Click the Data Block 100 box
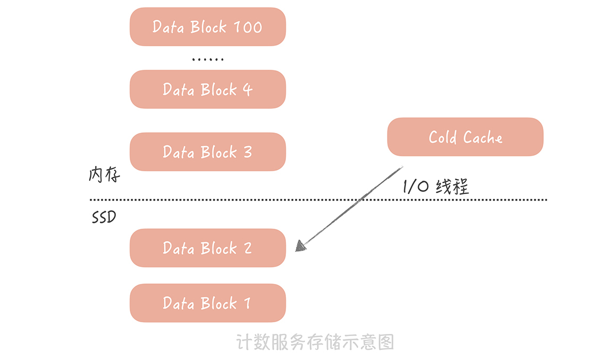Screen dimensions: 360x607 (207, 27)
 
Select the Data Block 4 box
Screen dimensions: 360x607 (207, 89)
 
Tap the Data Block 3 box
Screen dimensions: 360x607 (207, 152)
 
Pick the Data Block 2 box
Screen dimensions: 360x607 (207, 248)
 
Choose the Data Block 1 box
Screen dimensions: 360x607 (207, 303)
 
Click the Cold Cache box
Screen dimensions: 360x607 (465, 137)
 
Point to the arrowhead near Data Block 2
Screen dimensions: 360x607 (300, 246)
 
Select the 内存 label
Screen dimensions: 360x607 (104, 175)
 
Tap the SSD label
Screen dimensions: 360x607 (104, 217)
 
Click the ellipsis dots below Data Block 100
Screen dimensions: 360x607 (208, 59)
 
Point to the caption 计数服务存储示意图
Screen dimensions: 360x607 (315, 342)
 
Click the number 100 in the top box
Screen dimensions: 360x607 (248, 27)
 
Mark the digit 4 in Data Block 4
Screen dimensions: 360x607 (247, 89)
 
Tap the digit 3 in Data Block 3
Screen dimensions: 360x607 (247, 152)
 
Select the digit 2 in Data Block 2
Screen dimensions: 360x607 (247, 248)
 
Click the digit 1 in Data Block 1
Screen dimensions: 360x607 (247, 304)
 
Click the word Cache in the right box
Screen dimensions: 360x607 (483, 137)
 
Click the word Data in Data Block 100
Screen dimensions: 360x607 (167, 27)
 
